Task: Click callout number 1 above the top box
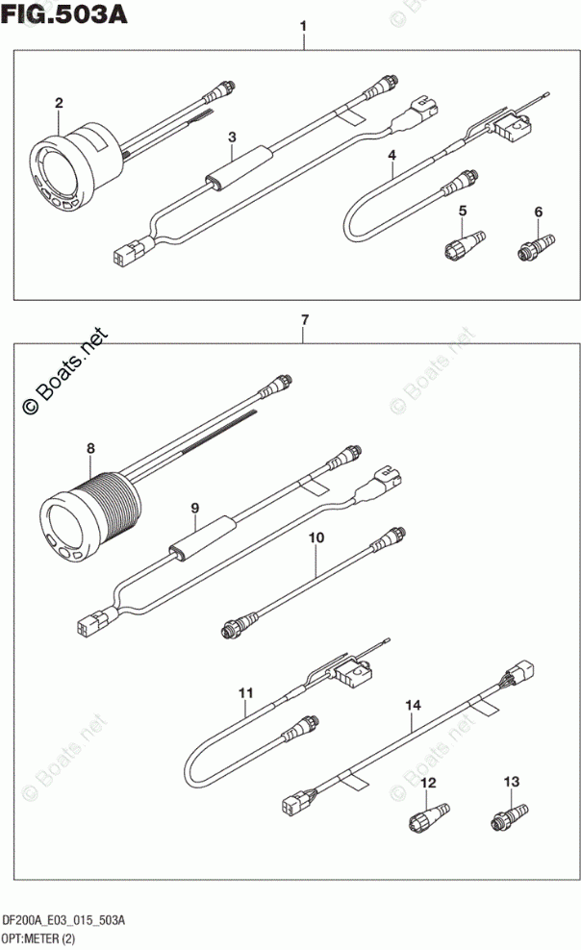tap(303, 25)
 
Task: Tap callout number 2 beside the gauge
tap(59, 103)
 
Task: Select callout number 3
tap(232, 137)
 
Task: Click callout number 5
tap(463, 211)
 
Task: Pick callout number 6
tap(539, 212)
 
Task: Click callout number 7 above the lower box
tap(303, 319)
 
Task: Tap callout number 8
tap(90, 447)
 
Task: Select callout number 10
tap(314, 539)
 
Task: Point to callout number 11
tap(245, 691)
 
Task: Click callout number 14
tap(413, 707)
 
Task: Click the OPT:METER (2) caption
tap(42, 937)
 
